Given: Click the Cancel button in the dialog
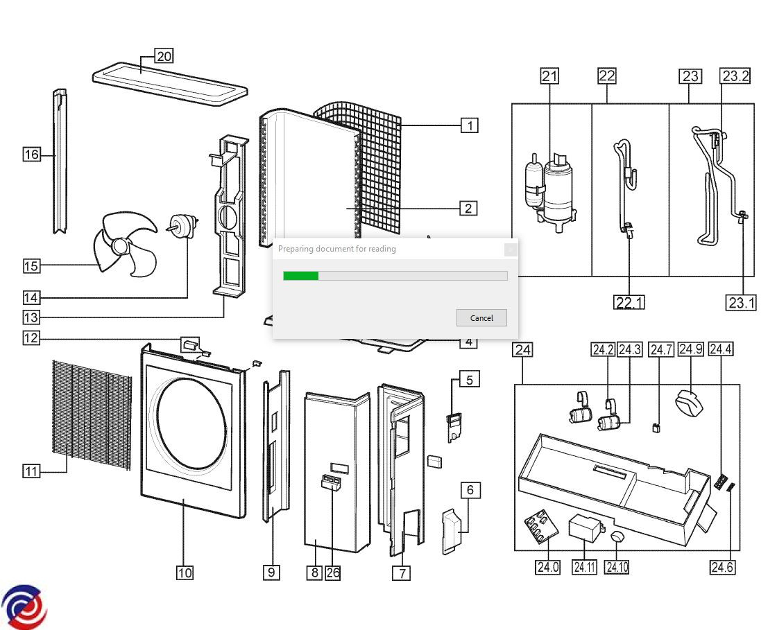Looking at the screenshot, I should pyautogui.click(x=481, y=318).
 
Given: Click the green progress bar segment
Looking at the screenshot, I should pyautogui.click(x=300, y=276).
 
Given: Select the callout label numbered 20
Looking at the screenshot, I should pyautogui.click(x=164, y=56).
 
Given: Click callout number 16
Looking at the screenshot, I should pyautogui.click(x=31, y=155).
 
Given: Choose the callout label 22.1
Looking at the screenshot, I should pyautogui.click(x=629, y=302).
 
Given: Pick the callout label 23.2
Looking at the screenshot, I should pyautogui.click(x=735, y=76).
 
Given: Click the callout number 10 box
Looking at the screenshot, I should pyautogui.click(x=185, y=572).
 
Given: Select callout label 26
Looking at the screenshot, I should pyautogui.click(x=333, y=572).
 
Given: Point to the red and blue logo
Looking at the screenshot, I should pyautogui.click(x=25, y=607).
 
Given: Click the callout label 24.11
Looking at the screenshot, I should pyautogui.click(x=584, y=567).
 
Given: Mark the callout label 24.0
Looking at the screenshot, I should pyautogui.click(x=547, y=567).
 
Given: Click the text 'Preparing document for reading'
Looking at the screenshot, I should pyautogui.click(x=336, y=249).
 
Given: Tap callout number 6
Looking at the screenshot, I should pyautogui.click(x=470, y=490).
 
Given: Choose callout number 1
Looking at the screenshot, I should pyautogui.click(x=470, y=125).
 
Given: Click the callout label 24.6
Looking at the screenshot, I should pyautogui.click(x=721, y=567).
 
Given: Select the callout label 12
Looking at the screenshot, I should pyautogui.click(x=31, y=338).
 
